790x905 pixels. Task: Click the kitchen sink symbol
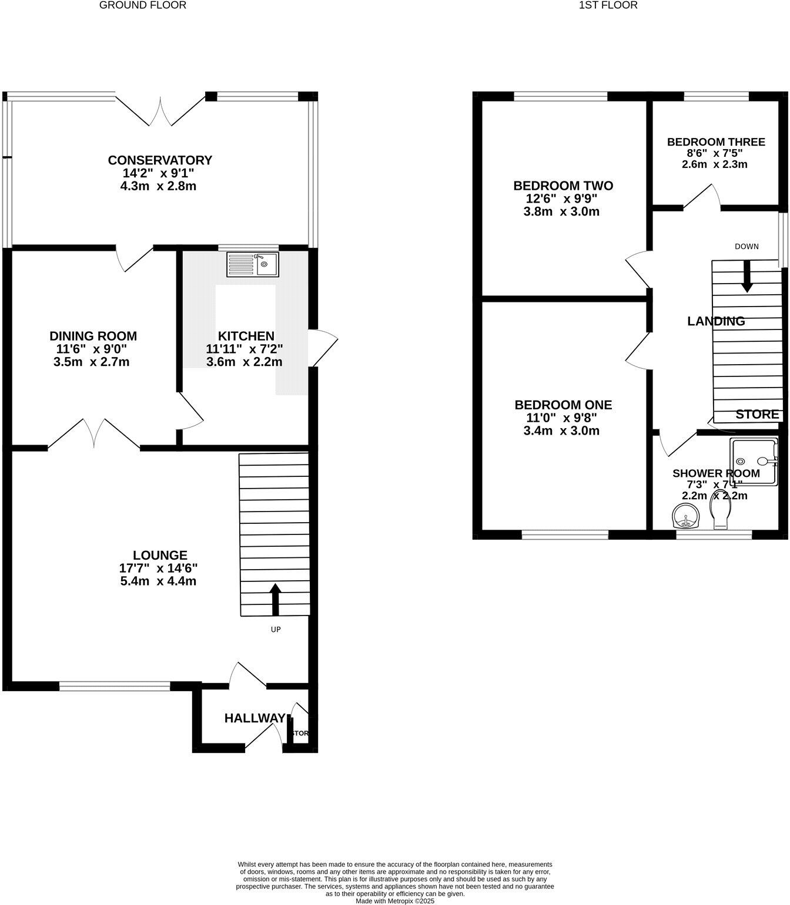tap(252, 264)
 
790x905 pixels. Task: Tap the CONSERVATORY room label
tap(159, 144)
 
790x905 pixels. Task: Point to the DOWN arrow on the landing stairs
tap(747, 276)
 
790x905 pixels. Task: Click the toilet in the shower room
tap(720, 516)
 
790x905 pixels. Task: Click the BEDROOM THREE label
tap(715, 142)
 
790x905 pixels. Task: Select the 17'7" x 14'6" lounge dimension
tap(158, 568)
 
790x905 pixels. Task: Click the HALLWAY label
tap(255, 718)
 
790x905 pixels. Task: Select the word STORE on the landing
tap(757, 414)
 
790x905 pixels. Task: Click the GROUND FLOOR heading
tap(143, 5)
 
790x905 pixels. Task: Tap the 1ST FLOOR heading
tap(608, 5)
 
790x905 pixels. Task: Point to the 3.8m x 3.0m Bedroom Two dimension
tap(561, 212)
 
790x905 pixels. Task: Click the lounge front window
tap(115, 685)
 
